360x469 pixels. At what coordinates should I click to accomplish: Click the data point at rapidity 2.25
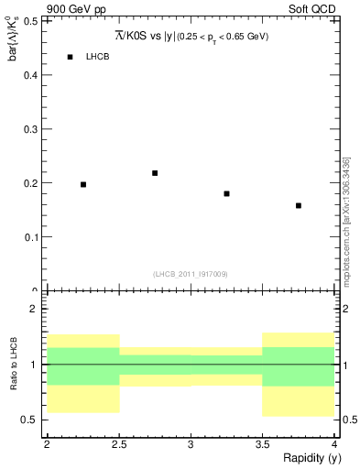83,184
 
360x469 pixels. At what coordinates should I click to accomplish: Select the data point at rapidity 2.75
155,172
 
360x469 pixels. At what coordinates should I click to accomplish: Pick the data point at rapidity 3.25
226,193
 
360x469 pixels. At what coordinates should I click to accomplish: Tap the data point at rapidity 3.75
299,205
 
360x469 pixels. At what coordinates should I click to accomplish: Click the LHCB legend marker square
70,57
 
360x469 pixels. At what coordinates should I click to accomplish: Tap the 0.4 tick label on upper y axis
30,75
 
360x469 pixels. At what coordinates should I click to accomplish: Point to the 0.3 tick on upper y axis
30,129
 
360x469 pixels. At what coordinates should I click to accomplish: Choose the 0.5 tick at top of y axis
30,21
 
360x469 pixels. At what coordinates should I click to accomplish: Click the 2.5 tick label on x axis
119,443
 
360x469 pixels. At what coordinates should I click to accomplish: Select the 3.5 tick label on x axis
262,443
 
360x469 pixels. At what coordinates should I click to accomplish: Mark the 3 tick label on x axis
191,443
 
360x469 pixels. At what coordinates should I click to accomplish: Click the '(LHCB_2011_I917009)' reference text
191,274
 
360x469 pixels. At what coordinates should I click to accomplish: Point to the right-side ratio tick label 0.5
345,420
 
